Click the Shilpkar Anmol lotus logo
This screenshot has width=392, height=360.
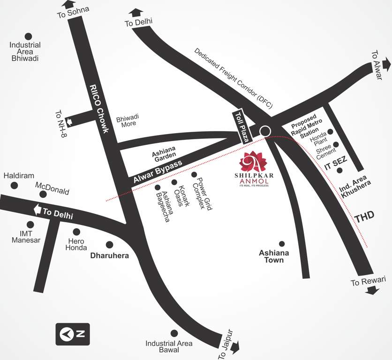tap(253, 162)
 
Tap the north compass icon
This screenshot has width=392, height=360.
tap(73, 334)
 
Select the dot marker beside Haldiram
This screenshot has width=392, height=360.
tap(15, 186)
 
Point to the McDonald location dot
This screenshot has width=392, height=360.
tap(43, 194)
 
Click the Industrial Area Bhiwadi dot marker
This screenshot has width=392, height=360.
tap(28, 36)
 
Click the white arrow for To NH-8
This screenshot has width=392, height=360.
tap(70, 122)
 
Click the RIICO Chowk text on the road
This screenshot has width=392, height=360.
tap(99, 108)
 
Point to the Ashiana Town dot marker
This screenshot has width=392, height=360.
tap(282, 244)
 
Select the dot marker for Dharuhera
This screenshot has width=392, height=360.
tap(109, 244)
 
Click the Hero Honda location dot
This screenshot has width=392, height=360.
tap(76, 232)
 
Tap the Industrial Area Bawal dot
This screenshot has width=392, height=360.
tap(174, 333)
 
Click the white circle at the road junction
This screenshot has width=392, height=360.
tap(266, 131)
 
